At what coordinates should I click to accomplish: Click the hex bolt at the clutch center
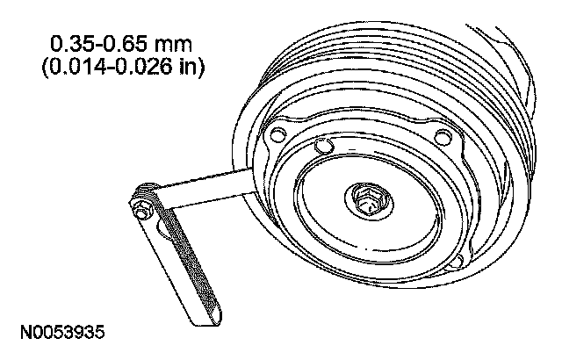click(366, 201)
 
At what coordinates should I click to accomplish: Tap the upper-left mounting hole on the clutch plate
click(277, 134)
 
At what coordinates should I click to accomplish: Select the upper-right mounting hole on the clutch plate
click(443, 137)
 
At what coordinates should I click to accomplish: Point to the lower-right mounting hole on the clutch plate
click(456, 263)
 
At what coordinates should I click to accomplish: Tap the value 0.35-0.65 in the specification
click(98, 45)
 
